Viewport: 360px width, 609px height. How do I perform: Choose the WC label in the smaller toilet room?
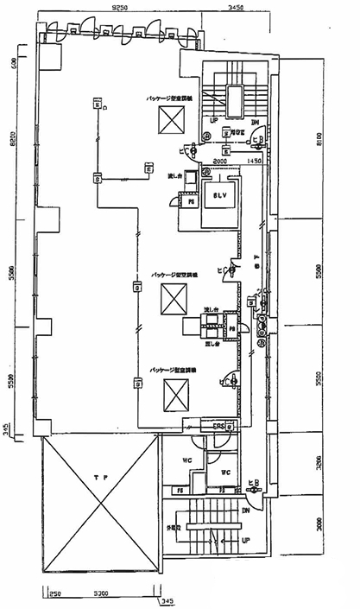(224, 472)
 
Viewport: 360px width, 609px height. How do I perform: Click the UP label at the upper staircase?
(212, 122)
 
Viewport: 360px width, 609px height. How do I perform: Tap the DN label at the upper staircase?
(256, 122)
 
